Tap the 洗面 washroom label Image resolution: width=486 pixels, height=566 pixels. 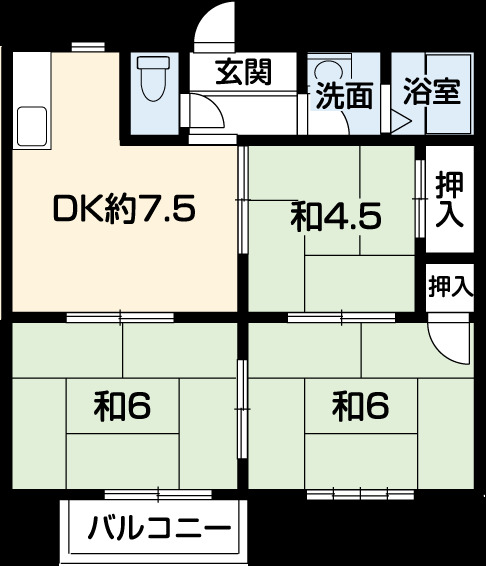click(344, 96)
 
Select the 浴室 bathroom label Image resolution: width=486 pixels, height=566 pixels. click(431, 93)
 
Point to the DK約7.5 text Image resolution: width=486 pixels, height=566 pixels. click(124, 211)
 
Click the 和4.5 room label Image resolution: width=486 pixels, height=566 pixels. click(335, 216)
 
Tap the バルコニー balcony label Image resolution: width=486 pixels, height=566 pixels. click(159, 528)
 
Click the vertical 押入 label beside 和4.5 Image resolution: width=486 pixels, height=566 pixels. click(449, 199)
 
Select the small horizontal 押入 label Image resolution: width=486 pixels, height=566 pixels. click(450, 286)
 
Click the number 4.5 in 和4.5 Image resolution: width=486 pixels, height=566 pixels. click(350, 216)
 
